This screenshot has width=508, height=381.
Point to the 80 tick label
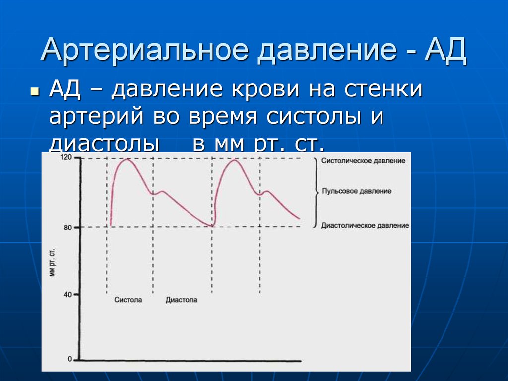click(67, 228)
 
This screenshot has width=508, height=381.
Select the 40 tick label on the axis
click(67, 295)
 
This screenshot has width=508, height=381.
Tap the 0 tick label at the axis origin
click(70, 359)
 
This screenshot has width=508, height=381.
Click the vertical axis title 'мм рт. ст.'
click(52, 263)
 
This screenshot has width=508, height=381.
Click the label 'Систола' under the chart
click(128, 299)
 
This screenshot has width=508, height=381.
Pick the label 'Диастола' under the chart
click(182, 300)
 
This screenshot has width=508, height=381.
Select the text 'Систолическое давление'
click(363, 161)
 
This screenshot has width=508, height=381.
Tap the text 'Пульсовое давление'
click(357, 191)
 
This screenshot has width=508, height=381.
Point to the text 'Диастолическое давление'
click(365, 225)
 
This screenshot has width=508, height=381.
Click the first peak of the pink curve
click(127, 159)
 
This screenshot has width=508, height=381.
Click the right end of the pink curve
click(299, 219)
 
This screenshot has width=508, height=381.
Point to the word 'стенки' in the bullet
click(383, 89)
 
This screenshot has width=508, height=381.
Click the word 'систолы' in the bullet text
click(314, 117)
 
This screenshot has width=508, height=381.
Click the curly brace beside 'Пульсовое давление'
click(316, 192)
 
